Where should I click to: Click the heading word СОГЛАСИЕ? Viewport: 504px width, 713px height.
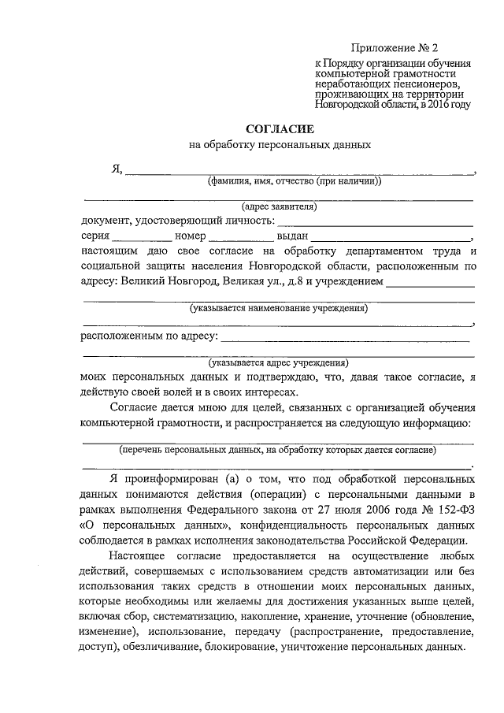(280, 128)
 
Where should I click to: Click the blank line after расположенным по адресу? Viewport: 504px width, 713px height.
(346, 338)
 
